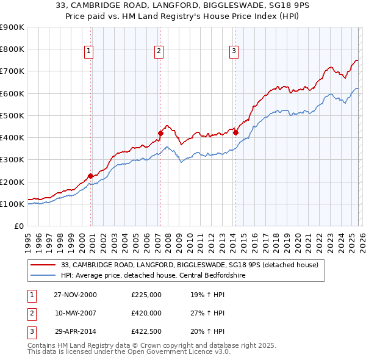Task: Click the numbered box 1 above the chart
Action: tap(90, 52)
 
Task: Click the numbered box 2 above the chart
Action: tap(159, 52)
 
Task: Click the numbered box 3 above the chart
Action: tap(234, 52)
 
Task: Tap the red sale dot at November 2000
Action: tap(90, 176)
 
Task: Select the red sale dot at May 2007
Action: tap(160, 133)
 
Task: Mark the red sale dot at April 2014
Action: tap(235, 132)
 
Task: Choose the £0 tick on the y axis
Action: tap(18, 226)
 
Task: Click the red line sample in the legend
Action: tap(43, 265)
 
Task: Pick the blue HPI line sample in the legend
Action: tap(43, 275)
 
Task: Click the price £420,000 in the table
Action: tap(146, 313)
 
